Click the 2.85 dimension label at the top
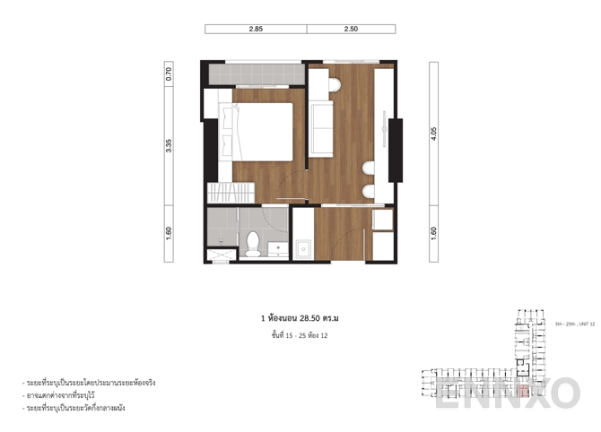point(256,30)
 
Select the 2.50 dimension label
point(351,30)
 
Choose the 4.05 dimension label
point(434,134)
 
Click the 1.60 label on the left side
point(169,233)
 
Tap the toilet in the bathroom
point(253,243)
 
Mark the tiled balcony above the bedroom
point(254,73)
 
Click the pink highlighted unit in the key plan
point(522,391)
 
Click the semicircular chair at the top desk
point(334,85)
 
